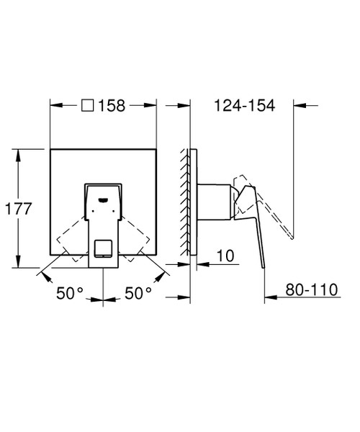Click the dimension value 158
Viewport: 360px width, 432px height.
tap(112, 106)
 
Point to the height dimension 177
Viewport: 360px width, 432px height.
tap(17, 210)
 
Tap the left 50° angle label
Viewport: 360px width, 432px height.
tap(71, 293)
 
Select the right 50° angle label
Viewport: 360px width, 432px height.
tap(138, 293)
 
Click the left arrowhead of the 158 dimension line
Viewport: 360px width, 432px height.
tap(53, 106)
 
